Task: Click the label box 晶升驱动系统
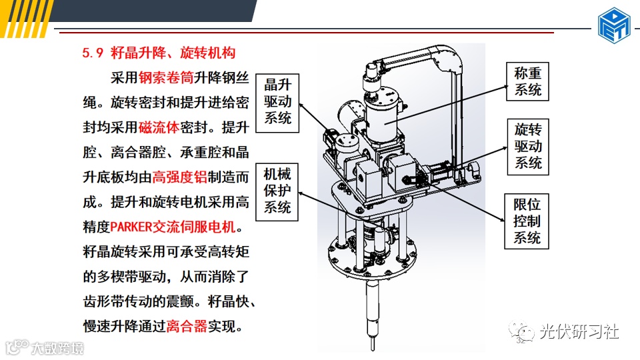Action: tap(277, 103)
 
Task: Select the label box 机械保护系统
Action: tap(277, 192)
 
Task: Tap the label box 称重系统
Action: tap(527, 81)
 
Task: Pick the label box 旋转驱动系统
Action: tap(528, 147)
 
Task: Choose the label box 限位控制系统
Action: tap(527, 221)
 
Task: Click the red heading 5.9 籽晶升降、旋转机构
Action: tap(159, 53)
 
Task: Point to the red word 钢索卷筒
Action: tap(166, 77)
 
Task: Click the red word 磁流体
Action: tap(159, 127)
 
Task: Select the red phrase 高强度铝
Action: tap(179, 177)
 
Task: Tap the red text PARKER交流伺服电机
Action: tap(173, 227)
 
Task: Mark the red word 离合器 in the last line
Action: tap(187, 326)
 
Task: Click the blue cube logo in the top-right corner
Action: tap(614, 25)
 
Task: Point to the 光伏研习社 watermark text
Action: tap(579, 331)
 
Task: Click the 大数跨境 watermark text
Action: tap(57, 348)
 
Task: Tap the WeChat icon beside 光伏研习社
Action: tap(521, 331)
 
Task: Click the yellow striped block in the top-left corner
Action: tap(25, 19)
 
